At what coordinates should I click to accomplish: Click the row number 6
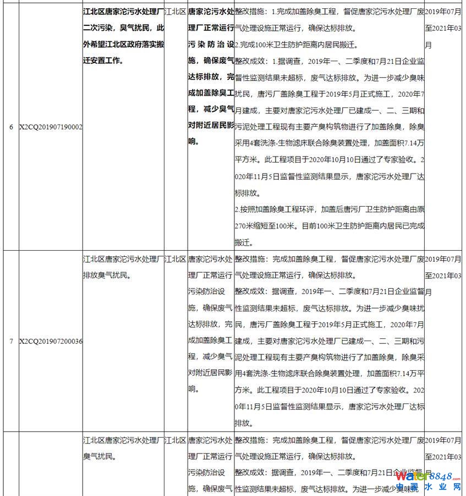click(x=11, y=127)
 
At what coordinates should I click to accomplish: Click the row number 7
click(x=11, y=341)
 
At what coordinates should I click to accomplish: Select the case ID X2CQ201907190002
click(x=51, y=127)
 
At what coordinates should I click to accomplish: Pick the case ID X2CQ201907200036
click(x=51, y=341)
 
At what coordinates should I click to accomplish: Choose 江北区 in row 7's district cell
click(x=176, y=258)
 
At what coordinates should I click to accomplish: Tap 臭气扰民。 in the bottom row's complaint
click(x=98, y=456)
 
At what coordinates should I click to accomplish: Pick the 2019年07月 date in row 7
click(x=443, y=258)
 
